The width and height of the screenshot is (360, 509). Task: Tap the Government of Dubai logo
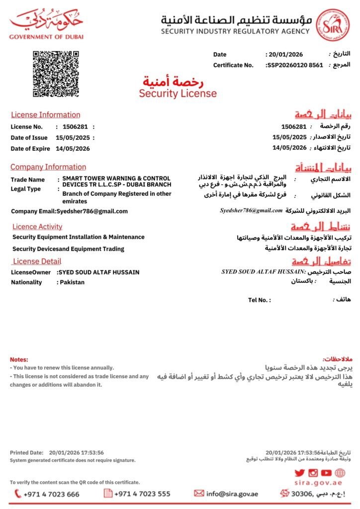click(47, 25)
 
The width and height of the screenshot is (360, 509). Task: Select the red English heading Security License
click(178, 93)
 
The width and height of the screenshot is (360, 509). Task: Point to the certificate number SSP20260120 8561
click(295, 65)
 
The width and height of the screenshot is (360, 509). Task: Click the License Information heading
click(45, 115)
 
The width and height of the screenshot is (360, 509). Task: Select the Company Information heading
click(48, 167)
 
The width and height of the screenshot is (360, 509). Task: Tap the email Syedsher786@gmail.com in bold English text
click(92, 211)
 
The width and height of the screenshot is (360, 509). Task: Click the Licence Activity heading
click(37, 227)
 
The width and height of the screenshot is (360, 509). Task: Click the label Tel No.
click(259, 300)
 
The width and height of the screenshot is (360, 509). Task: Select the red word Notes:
click(19, 359)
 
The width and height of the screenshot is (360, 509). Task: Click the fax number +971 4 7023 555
click(142, 494)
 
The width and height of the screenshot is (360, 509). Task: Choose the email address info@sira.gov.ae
click(232, 494)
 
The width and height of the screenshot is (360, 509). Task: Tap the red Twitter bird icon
click(299, 473)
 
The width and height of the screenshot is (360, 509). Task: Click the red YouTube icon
click(326, 473)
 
